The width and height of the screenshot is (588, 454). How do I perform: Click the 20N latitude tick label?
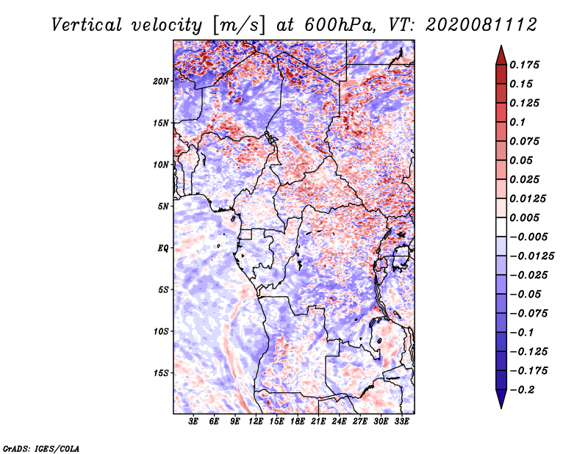(162, 81)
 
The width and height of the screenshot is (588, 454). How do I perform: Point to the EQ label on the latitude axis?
(163, 248)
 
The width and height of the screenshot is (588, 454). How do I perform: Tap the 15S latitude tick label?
(162, 373)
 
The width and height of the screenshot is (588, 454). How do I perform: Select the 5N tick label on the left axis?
(163, 206)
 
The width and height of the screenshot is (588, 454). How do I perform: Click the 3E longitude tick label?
(194, 422)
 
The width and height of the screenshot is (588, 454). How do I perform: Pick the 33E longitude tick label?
(402, 422)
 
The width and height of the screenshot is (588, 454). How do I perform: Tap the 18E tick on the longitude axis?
(298, 422)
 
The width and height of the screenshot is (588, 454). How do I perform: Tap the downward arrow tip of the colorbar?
(501, 406)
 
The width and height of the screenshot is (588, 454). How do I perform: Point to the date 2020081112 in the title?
(472, 24)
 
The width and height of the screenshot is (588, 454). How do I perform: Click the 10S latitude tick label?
(162, 331)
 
